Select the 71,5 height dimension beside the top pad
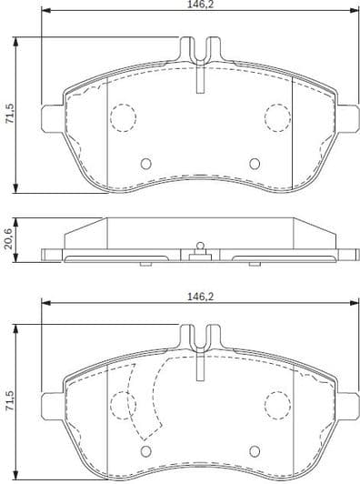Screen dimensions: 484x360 [9, 116]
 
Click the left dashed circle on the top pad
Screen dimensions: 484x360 [122, 116]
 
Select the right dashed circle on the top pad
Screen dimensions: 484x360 [276, 116]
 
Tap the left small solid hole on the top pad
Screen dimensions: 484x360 [145, 165]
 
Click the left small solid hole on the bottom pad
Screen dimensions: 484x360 [145, 452]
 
